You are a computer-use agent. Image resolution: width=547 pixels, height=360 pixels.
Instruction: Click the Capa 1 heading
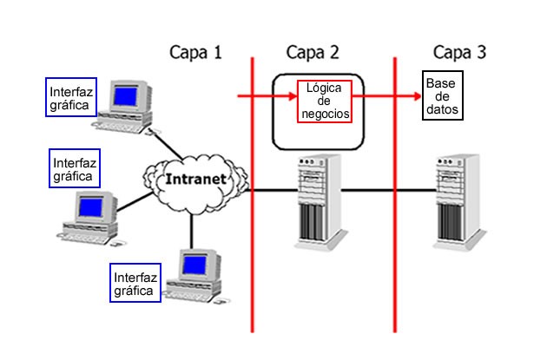(195, 52)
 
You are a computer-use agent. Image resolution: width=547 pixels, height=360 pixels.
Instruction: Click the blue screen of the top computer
(128, 93)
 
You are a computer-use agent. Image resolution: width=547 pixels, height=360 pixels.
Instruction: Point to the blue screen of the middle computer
(89, 207)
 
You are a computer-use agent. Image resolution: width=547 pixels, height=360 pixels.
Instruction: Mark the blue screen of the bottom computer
(192, 265)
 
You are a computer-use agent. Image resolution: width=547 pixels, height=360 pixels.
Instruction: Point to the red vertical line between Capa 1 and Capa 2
(252, 260)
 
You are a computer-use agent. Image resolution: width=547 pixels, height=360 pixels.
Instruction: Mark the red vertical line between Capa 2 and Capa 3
(395, 260)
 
